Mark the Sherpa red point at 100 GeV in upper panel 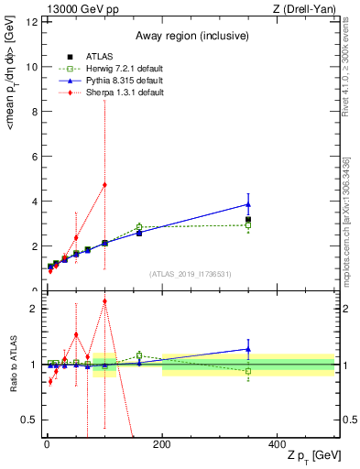(x=104, y=184)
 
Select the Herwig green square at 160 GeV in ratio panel (x=139, y=354)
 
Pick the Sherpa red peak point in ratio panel (x=104, y=300)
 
